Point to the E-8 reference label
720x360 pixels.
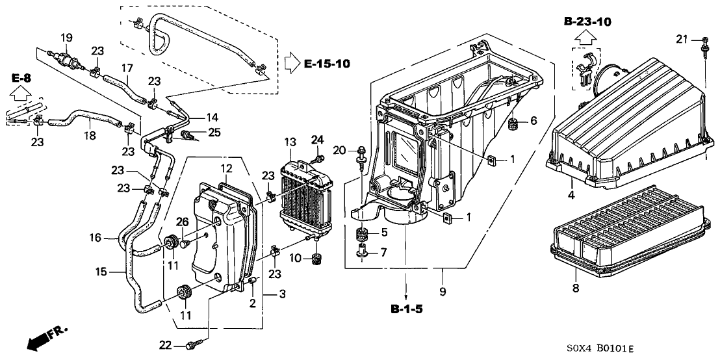(21, 79)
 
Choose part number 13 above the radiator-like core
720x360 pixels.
(289, 142)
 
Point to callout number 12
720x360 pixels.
(225, 168)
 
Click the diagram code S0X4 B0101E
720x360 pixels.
(598, 349)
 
